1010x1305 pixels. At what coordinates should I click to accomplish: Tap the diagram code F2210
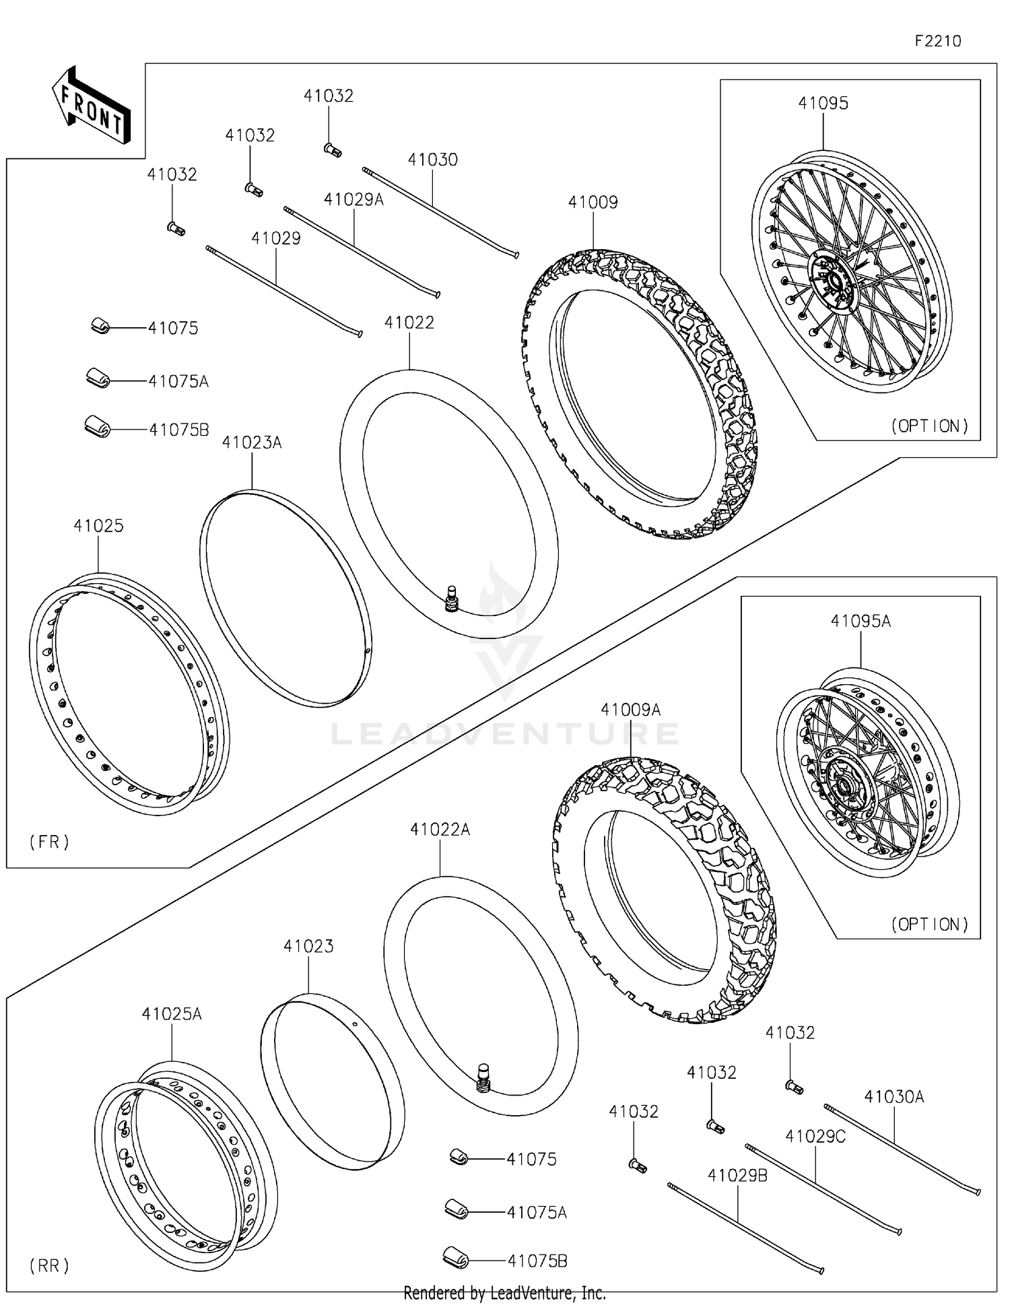coord(937,41)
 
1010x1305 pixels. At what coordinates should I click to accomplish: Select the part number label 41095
coord(823,103)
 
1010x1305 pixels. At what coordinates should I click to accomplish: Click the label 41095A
coord(861,621)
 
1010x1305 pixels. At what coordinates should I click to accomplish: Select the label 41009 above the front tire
coord(593,202)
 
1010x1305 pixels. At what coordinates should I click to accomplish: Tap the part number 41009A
coord(630,710)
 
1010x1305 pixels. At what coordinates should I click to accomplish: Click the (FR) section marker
coord(49,841)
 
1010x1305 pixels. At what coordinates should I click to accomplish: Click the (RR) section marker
coord(49,1265)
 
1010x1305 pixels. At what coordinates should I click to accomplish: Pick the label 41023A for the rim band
coord(252,442)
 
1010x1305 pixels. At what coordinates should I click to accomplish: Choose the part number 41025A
coord(172,1013)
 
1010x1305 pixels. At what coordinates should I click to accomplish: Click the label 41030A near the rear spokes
coord(894,1097)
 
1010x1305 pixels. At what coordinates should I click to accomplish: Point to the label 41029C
coord(815,1136)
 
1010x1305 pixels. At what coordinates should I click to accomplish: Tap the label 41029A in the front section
coord(353,199)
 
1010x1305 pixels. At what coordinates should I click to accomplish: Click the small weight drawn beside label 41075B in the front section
coord(96,426)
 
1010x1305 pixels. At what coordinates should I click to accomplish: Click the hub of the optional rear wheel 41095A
coord(846,788)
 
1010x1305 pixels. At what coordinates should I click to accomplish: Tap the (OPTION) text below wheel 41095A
coord(930,924)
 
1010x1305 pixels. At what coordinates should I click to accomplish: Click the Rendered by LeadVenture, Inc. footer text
coord(504,1293)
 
